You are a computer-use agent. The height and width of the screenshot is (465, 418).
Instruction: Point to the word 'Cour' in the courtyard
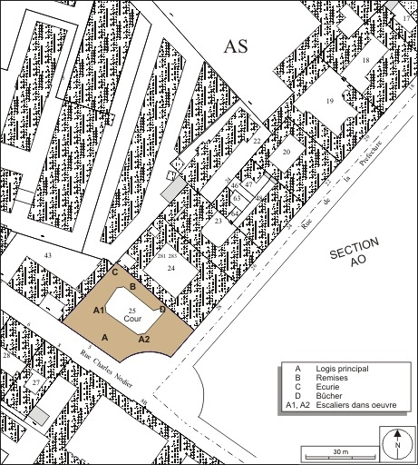point(133,321)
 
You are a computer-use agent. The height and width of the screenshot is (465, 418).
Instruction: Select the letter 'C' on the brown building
point(115,272)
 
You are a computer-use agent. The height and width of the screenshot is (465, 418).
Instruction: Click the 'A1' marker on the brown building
point(101,311)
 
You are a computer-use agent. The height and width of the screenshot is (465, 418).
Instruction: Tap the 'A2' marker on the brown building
point(143,338)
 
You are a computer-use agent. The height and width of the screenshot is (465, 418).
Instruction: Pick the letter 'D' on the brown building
point(162,310)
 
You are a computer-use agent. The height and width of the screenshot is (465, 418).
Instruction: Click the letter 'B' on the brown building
point(133,287)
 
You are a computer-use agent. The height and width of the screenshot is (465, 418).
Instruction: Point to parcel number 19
point(330,101)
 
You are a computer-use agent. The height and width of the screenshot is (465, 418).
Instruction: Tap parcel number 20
point(286,153)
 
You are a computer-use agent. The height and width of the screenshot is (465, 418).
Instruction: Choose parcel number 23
point(219,221)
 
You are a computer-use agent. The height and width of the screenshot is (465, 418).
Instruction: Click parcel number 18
point(367,60)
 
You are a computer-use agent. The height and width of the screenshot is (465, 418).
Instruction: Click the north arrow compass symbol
point(396,443)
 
